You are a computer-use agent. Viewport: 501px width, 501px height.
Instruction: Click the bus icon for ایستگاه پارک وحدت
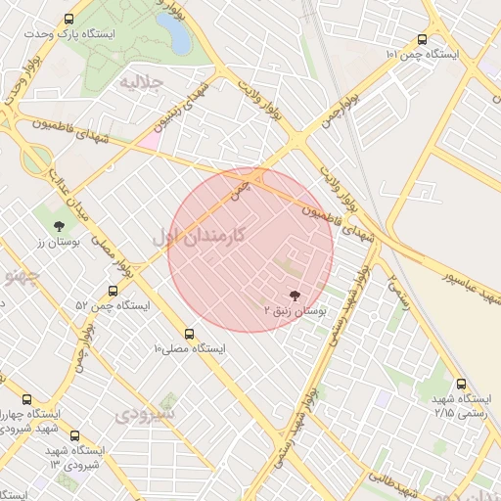click(x=68, y=19)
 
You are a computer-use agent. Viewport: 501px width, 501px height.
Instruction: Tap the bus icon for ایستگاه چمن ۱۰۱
click(x=422, y=40)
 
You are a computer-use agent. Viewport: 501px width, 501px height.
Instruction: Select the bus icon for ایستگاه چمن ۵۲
click(x=113, y=291)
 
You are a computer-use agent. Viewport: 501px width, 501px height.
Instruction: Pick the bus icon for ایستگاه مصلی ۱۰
click(x=190, y=334)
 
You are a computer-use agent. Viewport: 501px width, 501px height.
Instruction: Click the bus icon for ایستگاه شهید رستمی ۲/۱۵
click(x=462, y=384)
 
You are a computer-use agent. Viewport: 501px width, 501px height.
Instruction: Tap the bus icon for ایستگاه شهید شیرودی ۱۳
click(x=74, y=436)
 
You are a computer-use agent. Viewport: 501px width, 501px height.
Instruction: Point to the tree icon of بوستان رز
click(x=45, y=226)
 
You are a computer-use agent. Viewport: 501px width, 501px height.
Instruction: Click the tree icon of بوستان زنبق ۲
click(x=295, y=294)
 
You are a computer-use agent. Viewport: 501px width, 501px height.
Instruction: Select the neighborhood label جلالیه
click(x=139, y=80)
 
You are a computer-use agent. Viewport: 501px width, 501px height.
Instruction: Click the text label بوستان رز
click(x=49, y=242)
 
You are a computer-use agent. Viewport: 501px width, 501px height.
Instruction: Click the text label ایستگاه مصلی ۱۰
click(x=190, y=348)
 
